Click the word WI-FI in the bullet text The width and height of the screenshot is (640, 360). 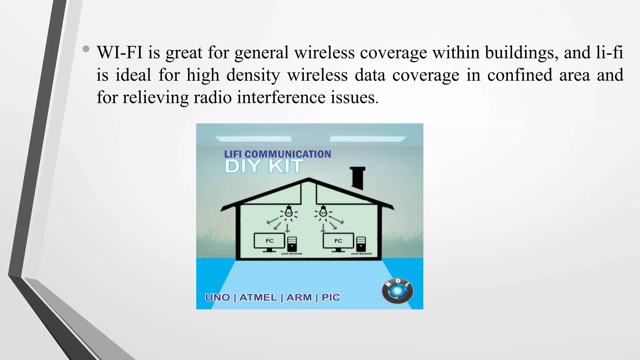click(x=119, y=52)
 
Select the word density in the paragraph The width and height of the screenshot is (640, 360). click(x=253, y=75)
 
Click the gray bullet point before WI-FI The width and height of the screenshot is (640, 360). click(x=86, y=49)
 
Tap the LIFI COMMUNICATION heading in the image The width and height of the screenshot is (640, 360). click(x=277, y=154)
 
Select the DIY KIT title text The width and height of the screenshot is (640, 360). click(x=264, y=166)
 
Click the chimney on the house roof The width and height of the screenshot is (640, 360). click(x=357, y=178)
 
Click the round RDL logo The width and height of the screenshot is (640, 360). click(x=397, y=291)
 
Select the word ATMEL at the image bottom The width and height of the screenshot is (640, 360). click(x=258, y=297)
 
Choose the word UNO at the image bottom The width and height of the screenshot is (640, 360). click(x=217, y=297)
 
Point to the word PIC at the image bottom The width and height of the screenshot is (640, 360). click(x=331, y=297)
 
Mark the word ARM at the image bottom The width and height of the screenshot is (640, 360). click(x=299, y=297)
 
